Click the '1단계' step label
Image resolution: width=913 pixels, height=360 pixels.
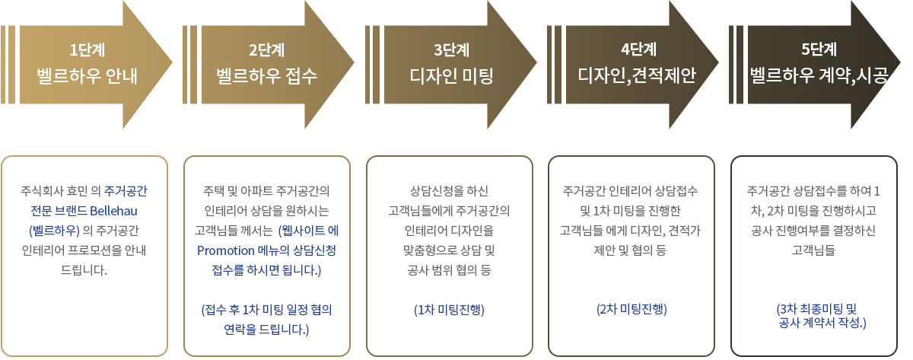(x=87, y=50)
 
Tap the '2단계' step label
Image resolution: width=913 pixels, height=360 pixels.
(x=267, y=50)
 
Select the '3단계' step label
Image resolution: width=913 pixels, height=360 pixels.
(x=452, y=50)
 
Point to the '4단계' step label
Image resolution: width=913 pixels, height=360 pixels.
(x=638, y=49)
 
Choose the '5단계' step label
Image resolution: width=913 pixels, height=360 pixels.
(x=819, y=49)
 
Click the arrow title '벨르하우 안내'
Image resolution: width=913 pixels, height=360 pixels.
(x=87, y=76)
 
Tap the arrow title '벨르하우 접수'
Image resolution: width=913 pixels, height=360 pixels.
(x=266, y=76)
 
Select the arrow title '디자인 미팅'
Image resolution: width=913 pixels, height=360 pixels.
(x=452, y=76)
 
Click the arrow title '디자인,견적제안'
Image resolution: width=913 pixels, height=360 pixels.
(x=637, y=75)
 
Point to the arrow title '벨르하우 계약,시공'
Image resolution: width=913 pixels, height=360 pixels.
(x=819, y=75)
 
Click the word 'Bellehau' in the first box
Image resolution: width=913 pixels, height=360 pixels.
(x=113, y=211)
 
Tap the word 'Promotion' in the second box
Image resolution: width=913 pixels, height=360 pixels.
(x=226, y=250)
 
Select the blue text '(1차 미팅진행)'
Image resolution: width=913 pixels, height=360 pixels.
(x=449, y=310)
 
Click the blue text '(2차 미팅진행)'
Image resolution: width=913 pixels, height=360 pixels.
(x=631, y=309)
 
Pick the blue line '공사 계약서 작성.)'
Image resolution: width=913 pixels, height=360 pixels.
(x=822, y=323)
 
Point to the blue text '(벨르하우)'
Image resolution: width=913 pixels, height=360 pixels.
(x=54, y=231)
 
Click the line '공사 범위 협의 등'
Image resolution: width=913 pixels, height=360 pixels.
(x=449, y=270)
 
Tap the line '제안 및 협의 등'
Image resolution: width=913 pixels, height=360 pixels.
(x=630, y=250)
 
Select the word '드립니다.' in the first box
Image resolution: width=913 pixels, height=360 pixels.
(x=84, y=270)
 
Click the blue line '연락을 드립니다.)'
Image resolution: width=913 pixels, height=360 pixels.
(x=266, y=330)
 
